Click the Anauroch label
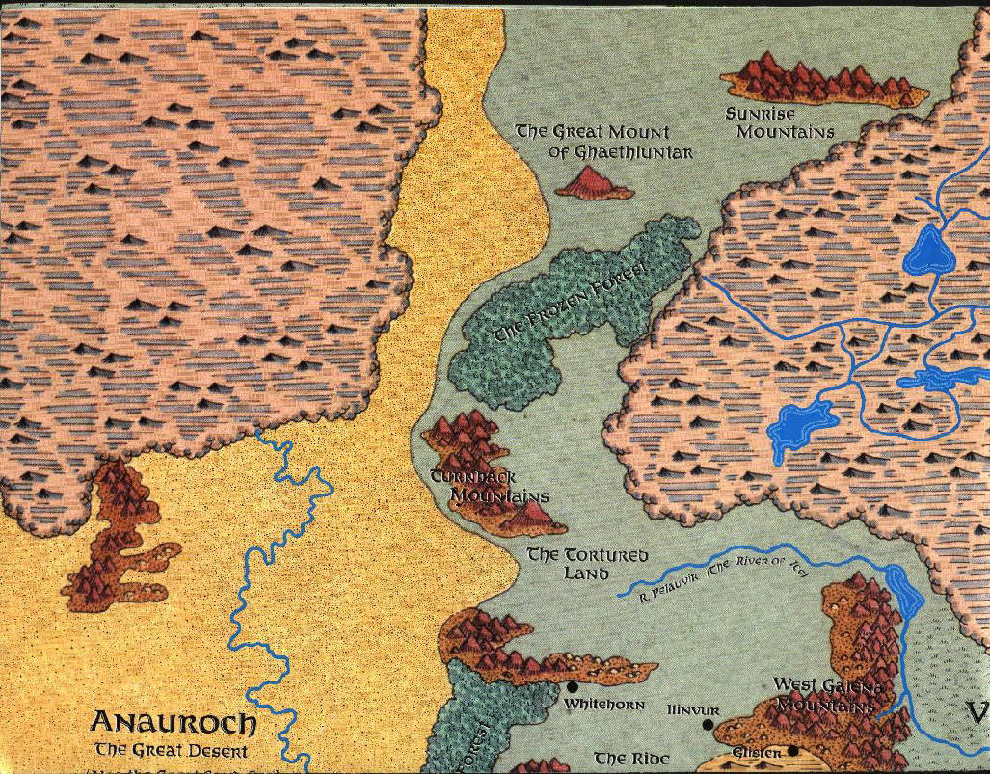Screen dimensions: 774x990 tap(174, 723)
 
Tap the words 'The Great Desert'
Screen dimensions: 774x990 tap(171, 750)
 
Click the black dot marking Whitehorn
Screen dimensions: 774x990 tap(572, 687)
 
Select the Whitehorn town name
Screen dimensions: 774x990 tap(604, 705)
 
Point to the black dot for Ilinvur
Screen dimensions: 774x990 tap(709, 725)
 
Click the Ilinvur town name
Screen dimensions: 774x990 tap(693, 710)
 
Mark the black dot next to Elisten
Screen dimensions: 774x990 tap(792, 751)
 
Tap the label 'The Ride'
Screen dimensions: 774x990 tap(631, 759)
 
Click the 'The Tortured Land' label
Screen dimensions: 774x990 tap(586, 565)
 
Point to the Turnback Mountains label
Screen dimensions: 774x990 tap(490, 487)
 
